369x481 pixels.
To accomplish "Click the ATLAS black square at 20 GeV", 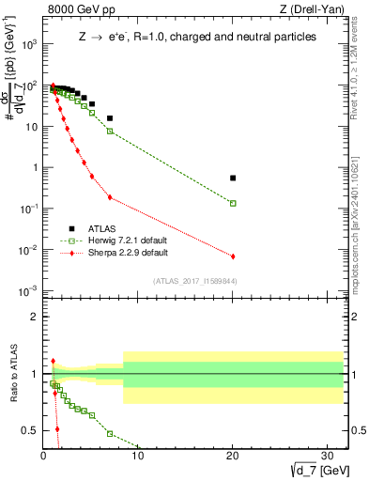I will (x=233, y=178).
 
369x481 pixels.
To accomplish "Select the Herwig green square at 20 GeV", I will (x=233, y=203).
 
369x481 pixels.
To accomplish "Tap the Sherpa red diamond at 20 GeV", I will (x=233, y=256).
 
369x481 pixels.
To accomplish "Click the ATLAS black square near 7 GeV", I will (x=110, y=118).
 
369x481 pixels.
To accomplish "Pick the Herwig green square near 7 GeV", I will (x=110, y=132).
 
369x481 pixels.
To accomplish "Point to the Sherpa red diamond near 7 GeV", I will (x=110, y=197).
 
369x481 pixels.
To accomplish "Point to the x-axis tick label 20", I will (x=233, y=456).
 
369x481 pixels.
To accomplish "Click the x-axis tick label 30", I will (x=327, y=456).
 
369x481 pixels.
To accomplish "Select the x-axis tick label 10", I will (x=138, y=456).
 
